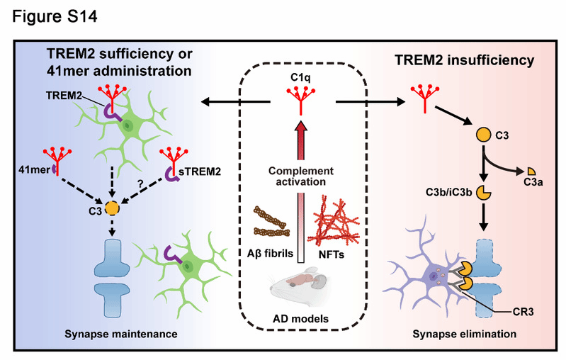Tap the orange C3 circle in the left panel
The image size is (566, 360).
coord(111,208)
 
